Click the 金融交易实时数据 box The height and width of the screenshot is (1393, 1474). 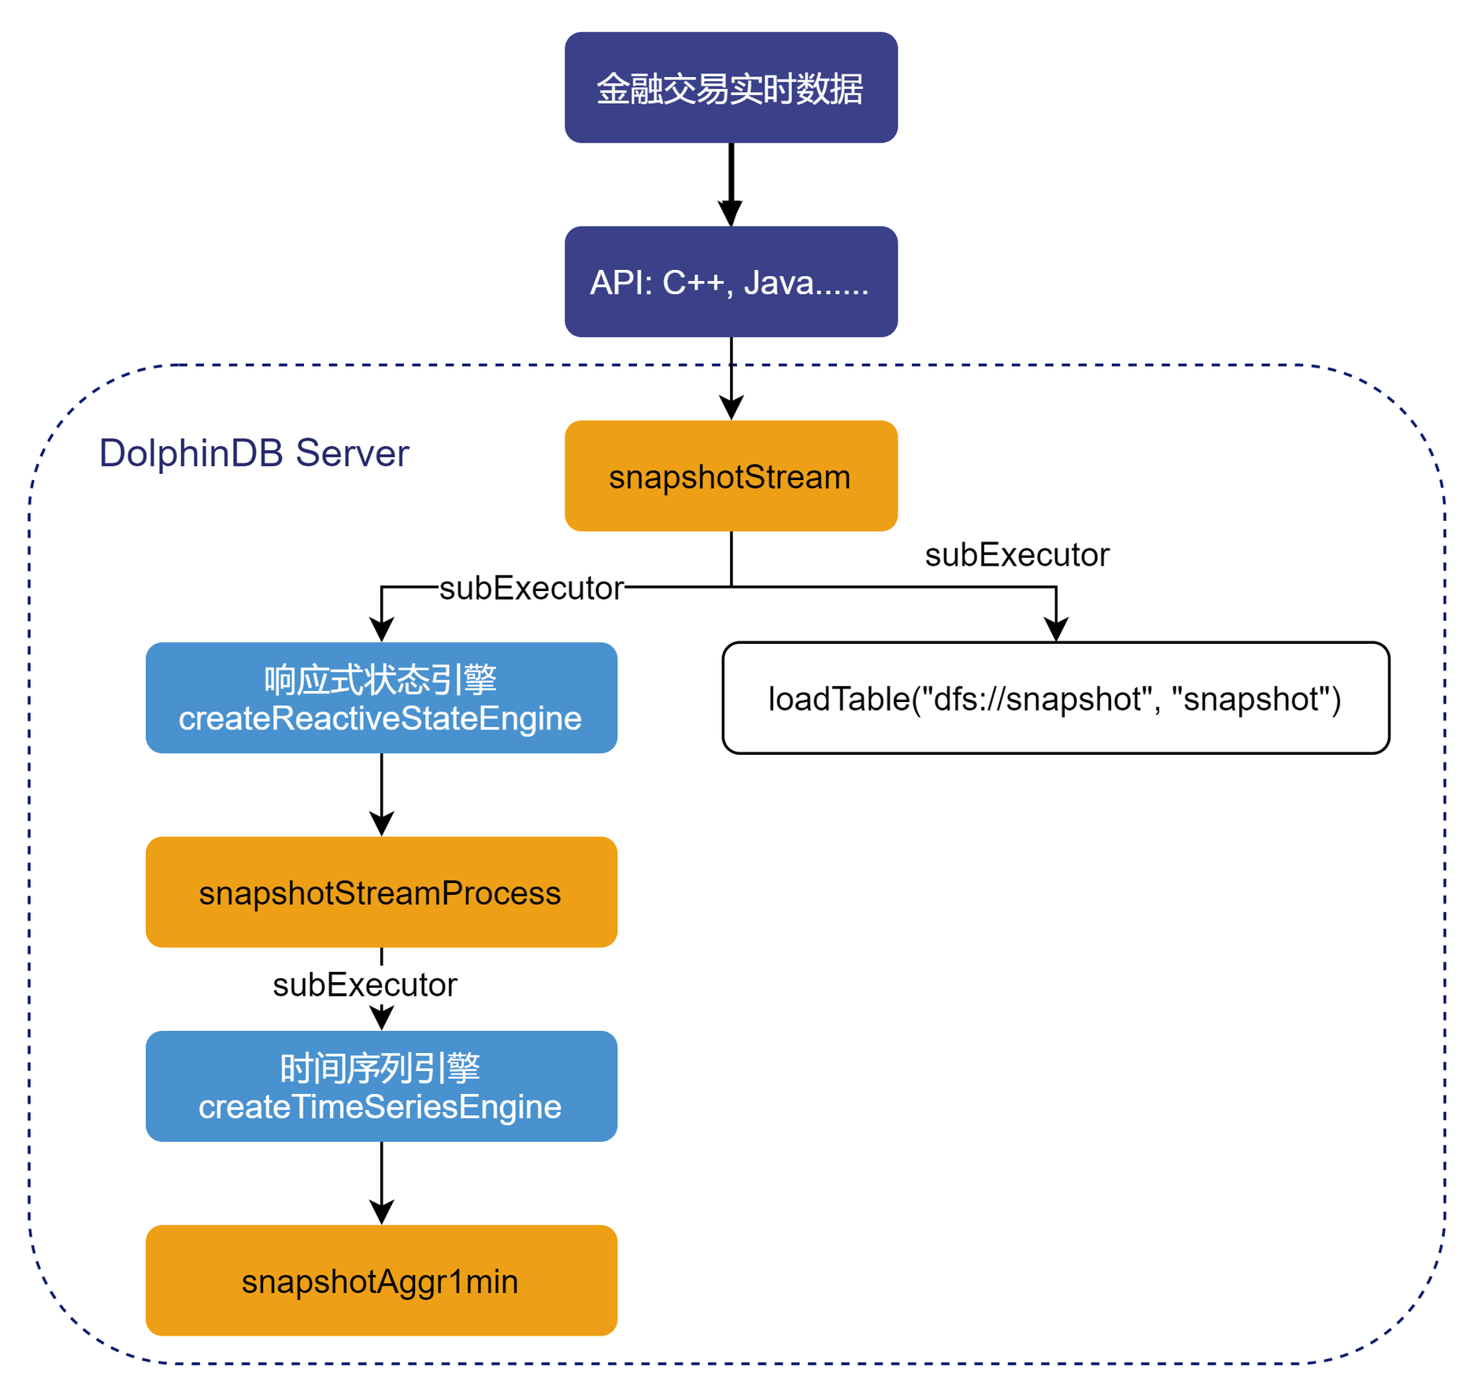[731, 87]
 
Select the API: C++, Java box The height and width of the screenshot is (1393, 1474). [731, 282]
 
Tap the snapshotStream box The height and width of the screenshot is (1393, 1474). [731, 476]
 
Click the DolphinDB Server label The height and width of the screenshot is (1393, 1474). [254, 453]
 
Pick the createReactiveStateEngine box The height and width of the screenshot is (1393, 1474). [381, 698]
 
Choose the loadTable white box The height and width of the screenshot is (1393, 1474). [1055, 698]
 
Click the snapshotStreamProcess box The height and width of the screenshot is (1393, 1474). [381, 892]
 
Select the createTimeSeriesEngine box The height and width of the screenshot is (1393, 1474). [381, 1086]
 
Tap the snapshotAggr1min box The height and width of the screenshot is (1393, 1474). [381, 1280]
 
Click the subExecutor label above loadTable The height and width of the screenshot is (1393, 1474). [1017, 556]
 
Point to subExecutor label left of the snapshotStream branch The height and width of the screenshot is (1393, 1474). [531, 589]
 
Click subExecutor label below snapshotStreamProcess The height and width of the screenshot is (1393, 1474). [365, 985]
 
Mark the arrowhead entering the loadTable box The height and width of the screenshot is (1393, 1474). [1056, 630]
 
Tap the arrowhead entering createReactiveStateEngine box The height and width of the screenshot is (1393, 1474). [382, 630]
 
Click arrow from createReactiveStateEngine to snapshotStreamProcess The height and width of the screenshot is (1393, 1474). [382, 795]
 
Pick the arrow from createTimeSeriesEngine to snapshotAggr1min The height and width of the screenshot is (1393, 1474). [382, 1184]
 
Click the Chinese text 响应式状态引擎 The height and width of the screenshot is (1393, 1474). [381, 680]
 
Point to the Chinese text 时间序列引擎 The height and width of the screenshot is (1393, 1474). [381, 1069]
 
